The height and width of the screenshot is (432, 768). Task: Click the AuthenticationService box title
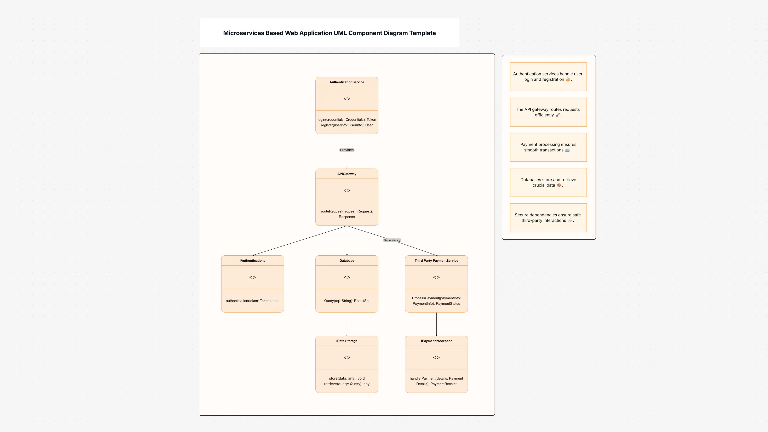pos(346,82)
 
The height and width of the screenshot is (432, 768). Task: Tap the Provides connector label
pos(346,150)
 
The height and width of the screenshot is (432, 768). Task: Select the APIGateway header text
pos(346,174)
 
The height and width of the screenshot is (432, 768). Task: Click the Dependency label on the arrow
pos(392,240)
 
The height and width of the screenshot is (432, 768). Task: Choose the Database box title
pos(346,261)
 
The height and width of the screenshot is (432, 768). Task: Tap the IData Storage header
pos(346,341)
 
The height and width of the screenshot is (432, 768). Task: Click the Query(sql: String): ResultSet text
pos(346,301)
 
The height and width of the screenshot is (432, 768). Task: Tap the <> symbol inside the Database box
pos(346,277)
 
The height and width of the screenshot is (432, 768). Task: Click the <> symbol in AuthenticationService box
pos(346,99)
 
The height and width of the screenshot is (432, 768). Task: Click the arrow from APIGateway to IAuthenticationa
pos(300,241)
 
